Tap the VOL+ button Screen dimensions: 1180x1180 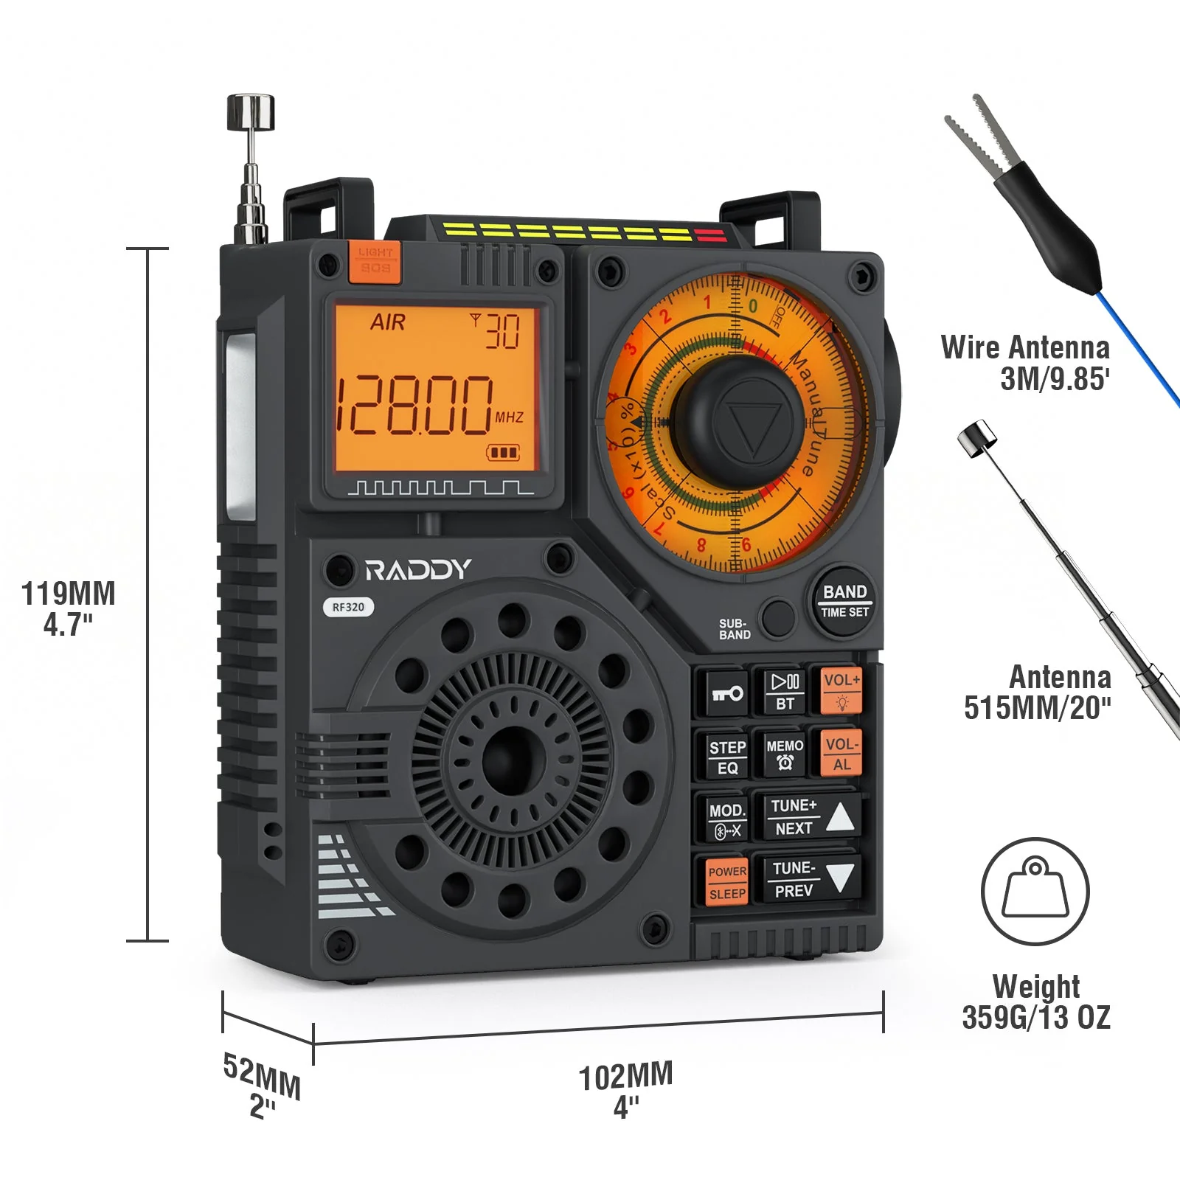(841, 690)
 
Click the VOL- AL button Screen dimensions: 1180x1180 (841, 753)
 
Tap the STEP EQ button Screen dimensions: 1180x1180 (727, 757)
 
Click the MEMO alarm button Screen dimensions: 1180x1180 (785, 754)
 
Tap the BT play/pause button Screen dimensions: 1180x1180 (785, 691)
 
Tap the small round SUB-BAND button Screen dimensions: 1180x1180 (777, 618)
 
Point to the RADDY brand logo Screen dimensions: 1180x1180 (418, 569)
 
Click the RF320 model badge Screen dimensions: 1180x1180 (348, 607)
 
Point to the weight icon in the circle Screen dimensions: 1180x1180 (1035, 891)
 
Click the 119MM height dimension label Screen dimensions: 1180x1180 (68, 594)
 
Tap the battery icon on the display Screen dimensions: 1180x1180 (503, 452)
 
